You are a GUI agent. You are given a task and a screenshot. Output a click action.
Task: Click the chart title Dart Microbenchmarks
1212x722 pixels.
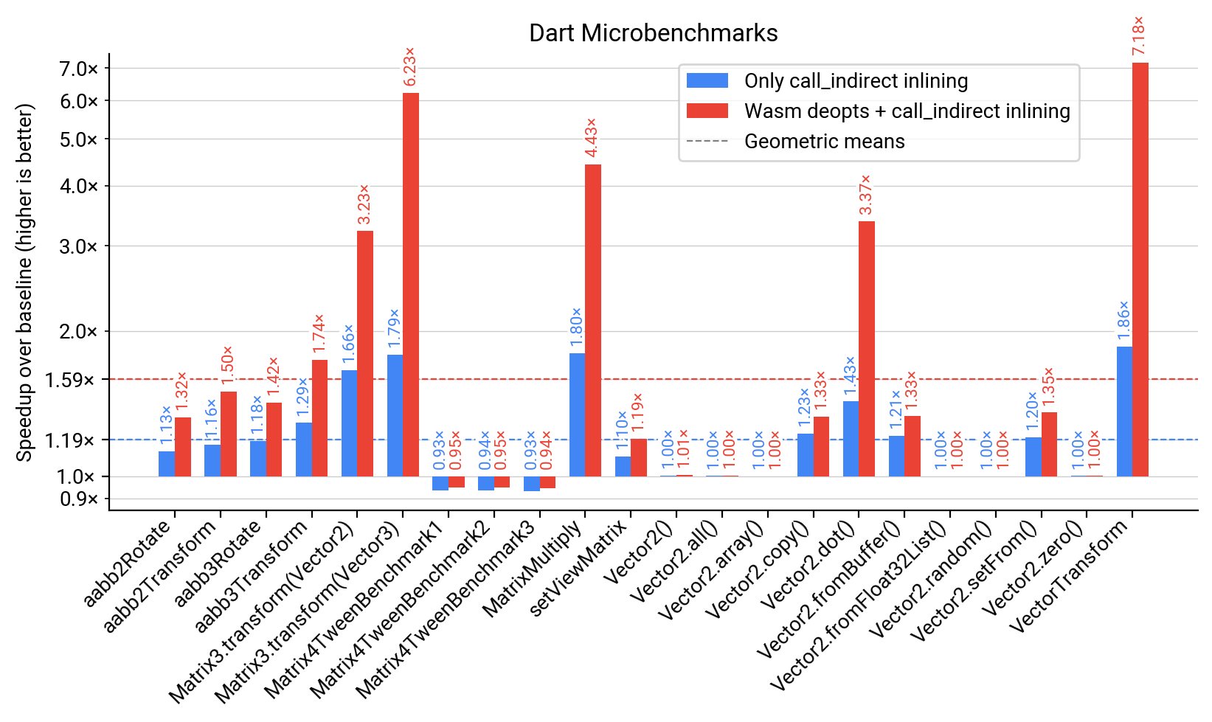point(653,33)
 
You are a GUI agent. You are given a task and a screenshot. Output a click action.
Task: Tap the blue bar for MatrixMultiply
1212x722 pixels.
point(577,414)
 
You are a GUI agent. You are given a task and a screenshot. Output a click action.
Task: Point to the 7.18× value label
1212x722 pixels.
point(1139,36)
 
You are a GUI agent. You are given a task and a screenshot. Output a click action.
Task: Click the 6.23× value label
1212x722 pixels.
point(410,66)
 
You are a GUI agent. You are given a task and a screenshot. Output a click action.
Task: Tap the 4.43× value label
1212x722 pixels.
point(592,138)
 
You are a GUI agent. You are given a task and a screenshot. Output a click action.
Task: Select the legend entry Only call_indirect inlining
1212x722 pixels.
point(856,81)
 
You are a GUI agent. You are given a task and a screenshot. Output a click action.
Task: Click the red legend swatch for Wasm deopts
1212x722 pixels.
point(707,111)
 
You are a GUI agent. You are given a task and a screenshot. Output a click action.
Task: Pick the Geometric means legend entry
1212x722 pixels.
point(824,142)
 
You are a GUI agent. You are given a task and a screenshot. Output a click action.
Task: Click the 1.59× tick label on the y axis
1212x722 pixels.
point(70,380)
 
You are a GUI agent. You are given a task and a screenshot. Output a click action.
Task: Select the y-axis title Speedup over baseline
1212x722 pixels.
point(25,282)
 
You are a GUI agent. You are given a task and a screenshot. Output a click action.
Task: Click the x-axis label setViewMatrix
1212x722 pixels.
point(578,566)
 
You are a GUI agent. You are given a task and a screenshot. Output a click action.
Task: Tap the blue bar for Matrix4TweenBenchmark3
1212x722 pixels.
point(531,483)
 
